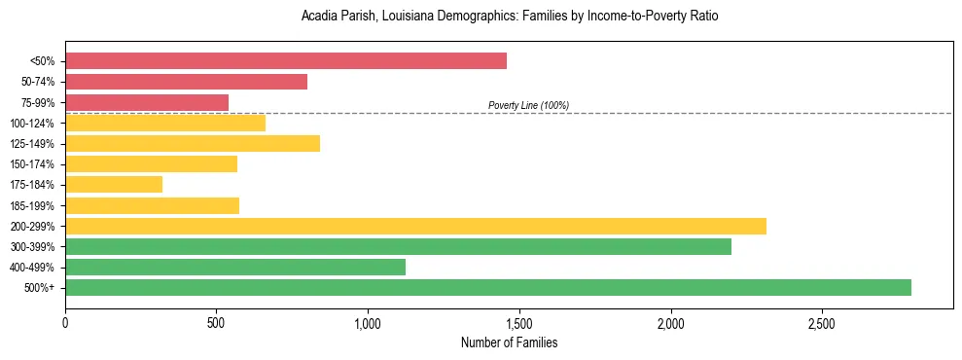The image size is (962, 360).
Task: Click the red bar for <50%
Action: pos(286,61)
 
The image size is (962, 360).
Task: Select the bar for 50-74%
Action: pos(186,82)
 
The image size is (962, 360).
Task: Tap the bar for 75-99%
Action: pos(147,102)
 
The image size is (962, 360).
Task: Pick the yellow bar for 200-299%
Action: pos(415,226)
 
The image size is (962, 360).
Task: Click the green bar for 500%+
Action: pos(488,287)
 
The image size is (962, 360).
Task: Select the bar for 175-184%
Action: pos(114,184)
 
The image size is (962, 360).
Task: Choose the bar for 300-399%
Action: pos(398,246)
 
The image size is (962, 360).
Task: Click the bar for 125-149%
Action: pos(193,143)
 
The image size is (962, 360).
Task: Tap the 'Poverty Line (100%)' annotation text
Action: pos(528,105)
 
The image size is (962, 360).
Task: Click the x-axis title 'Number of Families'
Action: pos(509,342)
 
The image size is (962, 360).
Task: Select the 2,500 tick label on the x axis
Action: pos(822,322)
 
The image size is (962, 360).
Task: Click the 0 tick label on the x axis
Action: pos(65,322)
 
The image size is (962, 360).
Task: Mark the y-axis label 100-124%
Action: pos(32,124)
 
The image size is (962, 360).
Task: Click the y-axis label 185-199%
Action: pos(32,205)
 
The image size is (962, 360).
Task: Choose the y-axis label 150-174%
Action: pos(32,164)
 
